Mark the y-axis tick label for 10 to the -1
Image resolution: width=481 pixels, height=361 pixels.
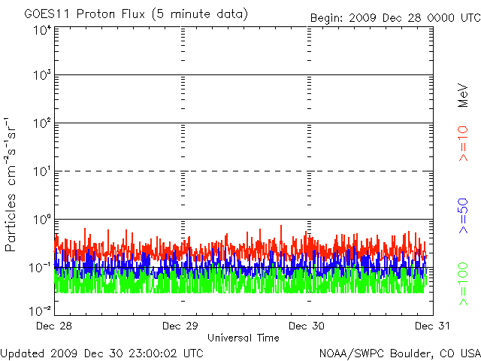click(x=40, y=267)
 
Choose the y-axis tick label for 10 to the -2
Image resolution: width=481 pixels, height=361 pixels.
click(x=40, y=310)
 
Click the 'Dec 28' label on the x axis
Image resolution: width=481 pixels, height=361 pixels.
click(x=55, y=326)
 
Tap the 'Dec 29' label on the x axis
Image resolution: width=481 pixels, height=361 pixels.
click(x=181, y=326)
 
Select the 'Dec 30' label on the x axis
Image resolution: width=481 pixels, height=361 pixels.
click(x=307, y=326)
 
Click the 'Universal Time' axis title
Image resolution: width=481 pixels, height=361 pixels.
click(x=243, y=338)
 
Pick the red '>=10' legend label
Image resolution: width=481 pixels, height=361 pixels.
click(x=463, y=143)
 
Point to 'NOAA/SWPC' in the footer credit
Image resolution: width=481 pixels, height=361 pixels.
click(x=348, y=353)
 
